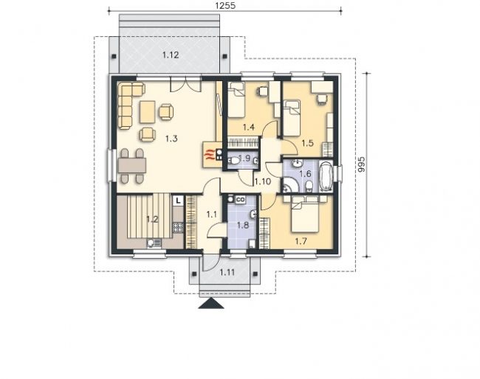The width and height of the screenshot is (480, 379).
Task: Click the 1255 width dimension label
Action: (x=225, y=5)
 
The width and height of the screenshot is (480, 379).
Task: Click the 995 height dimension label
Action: (x=361, y=164)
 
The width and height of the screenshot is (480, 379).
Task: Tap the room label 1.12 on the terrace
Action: (x=171, y=55)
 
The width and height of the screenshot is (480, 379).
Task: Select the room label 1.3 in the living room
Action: (x=171, y=139)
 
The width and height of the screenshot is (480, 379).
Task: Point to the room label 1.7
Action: (x=301, y=241)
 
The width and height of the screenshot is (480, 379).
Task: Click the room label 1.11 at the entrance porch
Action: (x=227, y=272)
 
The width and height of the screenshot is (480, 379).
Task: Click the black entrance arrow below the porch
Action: (x=211, y=304)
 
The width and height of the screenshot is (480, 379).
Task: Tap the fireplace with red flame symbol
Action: (x=212, y=155)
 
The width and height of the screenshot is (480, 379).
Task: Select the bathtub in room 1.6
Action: (x=326, y=175)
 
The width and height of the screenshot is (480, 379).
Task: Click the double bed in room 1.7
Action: (x=305, y=214)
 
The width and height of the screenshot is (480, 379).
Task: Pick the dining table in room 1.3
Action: (x=131, y=166)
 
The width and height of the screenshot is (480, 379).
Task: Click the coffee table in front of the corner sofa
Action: (x=147, y=112)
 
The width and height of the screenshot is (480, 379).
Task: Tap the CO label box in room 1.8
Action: (x=240, y=200)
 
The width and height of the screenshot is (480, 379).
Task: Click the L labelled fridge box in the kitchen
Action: (x=178, y=201)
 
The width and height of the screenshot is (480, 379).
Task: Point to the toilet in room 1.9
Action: (x=234, y=161)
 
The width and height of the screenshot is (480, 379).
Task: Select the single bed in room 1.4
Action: (x=236, y=100)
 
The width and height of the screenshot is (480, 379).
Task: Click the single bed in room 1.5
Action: (x=291, y=118)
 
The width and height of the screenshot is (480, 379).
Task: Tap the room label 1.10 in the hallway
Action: (x=263, y=181)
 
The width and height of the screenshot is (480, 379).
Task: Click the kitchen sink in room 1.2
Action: (x=154, y=243)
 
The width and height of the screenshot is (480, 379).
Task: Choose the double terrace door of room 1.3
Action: (x=185, y=84)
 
